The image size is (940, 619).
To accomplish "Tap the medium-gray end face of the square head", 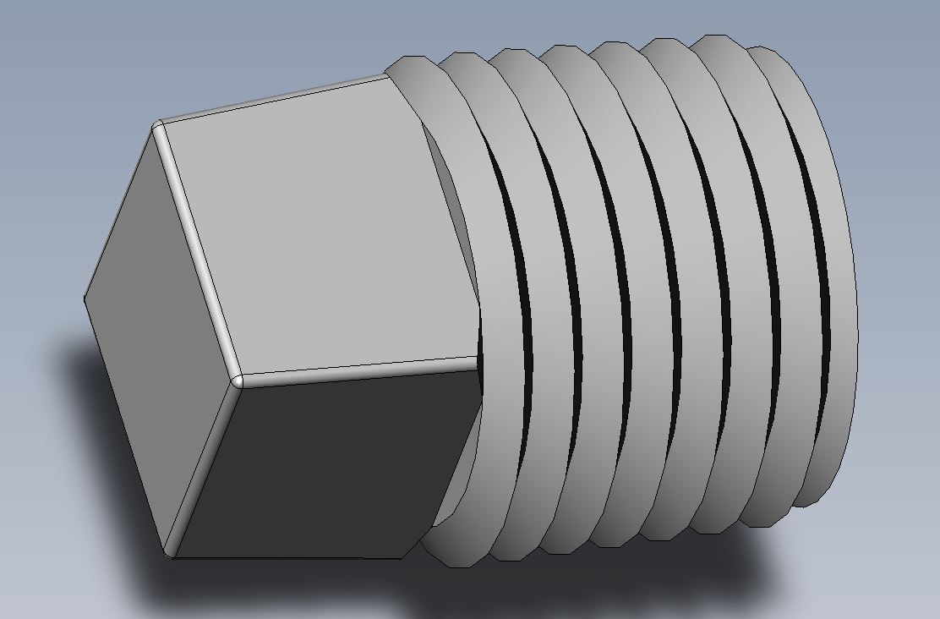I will pyautogui.click(x=156, y=338).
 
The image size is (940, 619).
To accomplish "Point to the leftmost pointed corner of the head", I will pyautogui.click(x=85, y=298).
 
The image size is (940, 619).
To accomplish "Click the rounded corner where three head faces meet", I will pyautogui.click(x=237, y=380).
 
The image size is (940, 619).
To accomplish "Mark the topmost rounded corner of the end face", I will pyautogui.click(x=157, y=127).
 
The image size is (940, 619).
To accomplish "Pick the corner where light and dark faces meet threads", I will pyautogui.click(x=478, y=360).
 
